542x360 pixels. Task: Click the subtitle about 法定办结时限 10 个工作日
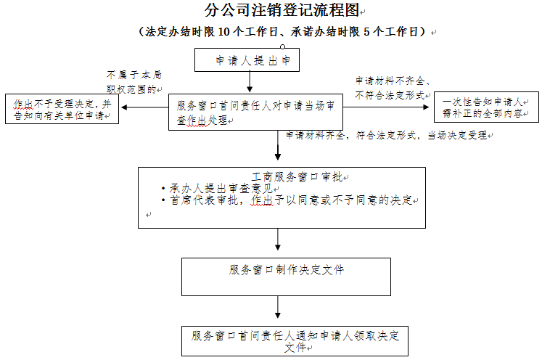(x=284, y=32)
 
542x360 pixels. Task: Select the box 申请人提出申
(x=247, y=61)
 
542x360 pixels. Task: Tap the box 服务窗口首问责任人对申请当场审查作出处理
(x=255, y=112)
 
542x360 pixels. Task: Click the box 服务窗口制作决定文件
(x=286, y=270)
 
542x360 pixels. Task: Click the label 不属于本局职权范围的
(x=134, y=82)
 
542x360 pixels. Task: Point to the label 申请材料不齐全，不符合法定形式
(x=392, y=88)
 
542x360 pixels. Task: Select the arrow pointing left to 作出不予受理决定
(x=145, y=108)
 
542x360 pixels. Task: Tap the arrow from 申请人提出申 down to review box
(x=250, y=82)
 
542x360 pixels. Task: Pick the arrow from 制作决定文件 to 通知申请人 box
(x=279, y=308)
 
